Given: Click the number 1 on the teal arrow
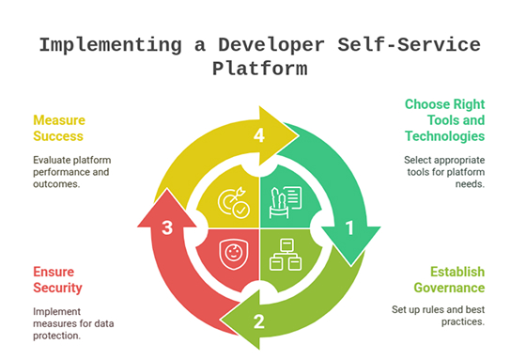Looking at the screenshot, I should [x=350, y=227].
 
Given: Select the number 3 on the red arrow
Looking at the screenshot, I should [x=167, y=227].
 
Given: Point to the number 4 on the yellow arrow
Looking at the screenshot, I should [x=259, y=134].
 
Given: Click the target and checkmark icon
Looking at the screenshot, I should [x=232, y=201].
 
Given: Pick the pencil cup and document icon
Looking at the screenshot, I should [x=285, y=200].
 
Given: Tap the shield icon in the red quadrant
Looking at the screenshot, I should [x=233, y=254].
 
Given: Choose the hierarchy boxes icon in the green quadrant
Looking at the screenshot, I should [x=285, y=254].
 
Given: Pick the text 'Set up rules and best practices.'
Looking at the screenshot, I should [x=438, y=316].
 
